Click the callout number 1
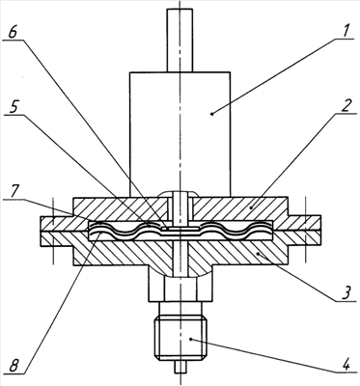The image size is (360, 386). (x=345, y=32)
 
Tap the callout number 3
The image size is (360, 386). (x=346, y=293)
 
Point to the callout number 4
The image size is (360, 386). (x=346, y=365)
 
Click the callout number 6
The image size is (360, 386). (x=13, y=33)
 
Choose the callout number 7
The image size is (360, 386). (x=13, y=192)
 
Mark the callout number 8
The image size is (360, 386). (x=14, y=366)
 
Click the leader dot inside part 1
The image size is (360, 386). (x=211, y=113)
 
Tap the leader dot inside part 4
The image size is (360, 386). (x=191, y=339)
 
